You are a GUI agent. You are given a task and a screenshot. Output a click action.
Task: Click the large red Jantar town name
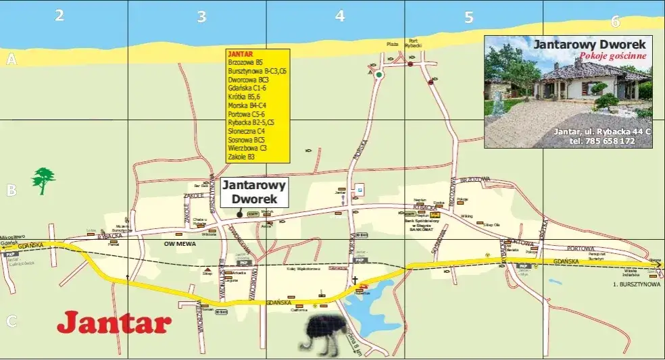tap(114, 323)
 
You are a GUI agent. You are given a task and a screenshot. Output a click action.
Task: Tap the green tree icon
tap(43, 180)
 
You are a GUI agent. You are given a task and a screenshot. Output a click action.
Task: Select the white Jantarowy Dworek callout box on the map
tap(254, 192)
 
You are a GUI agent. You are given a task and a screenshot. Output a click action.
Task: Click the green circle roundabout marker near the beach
tap(380, 75)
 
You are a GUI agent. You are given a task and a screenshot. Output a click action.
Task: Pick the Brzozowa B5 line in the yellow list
tap(245, 62)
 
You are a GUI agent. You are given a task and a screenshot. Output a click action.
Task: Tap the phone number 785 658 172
tap(601, 141)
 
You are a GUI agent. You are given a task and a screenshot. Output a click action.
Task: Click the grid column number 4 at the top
tap(340, 16)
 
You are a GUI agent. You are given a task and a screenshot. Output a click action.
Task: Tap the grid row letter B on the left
tap(11, 190)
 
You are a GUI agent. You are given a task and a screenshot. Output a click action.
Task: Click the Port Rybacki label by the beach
tap(413, 43)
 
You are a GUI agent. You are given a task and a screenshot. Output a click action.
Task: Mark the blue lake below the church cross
tap(368, 298)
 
